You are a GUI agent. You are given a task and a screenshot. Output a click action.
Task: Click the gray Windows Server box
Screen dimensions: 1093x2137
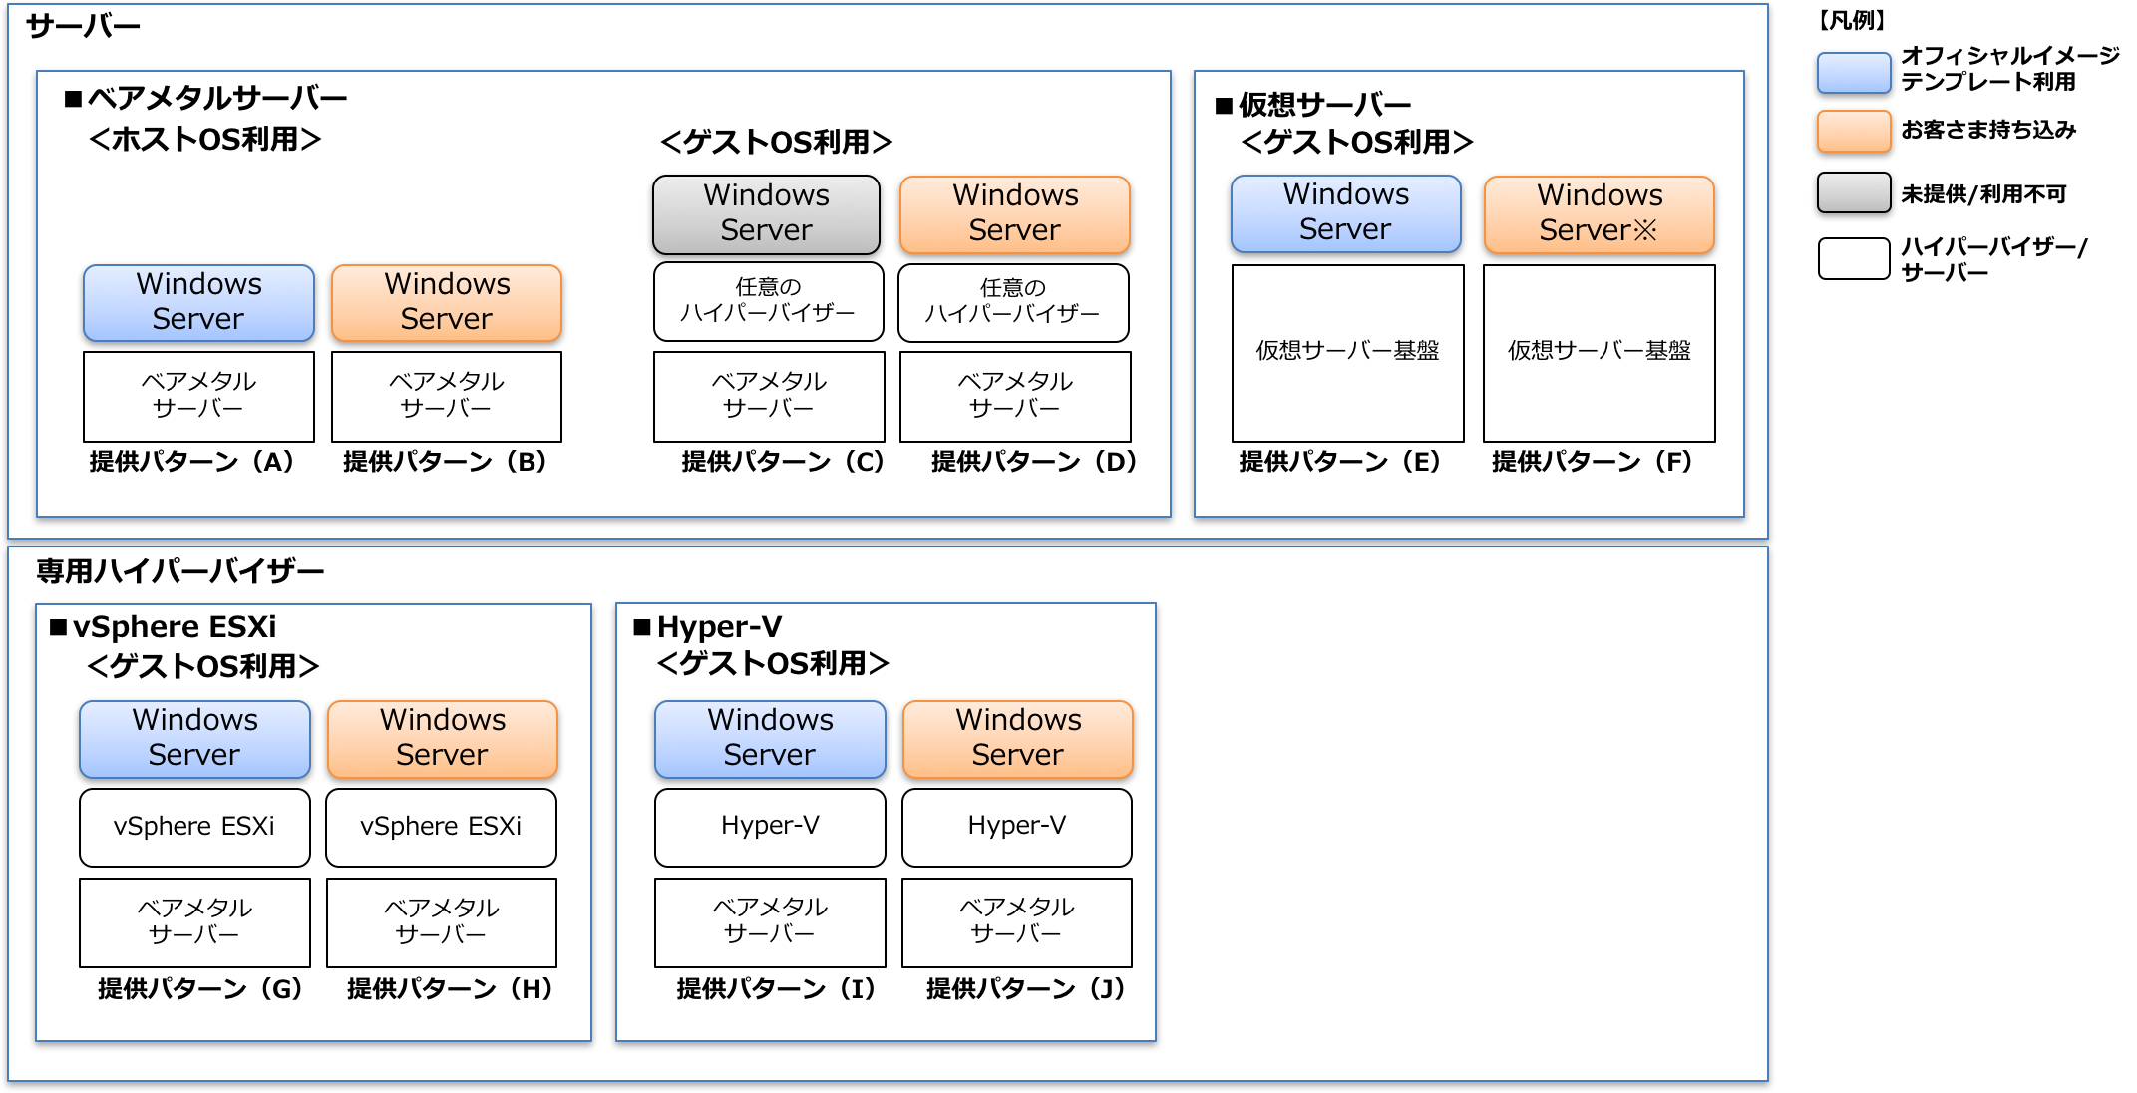766,214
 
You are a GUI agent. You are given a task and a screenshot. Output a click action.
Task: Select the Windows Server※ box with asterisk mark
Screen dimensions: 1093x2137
1599,214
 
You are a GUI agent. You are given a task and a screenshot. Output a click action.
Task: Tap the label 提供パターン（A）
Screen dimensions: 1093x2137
191,461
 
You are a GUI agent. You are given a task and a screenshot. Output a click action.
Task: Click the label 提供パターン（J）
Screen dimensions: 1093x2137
1025,988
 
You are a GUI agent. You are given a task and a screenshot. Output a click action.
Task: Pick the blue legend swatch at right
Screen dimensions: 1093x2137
1854,73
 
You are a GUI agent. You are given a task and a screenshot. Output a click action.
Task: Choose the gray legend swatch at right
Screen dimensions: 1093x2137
1854,192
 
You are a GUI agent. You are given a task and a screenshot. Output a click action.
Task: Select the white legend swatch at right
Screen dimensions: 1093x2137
1854,258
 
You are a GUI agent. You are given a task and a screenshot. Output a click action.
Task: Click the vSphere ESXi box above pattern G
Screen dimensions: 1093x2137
194,827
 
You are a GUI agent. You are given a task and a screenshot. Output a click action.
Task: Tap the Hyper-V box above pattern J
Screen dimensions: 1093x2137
1017,827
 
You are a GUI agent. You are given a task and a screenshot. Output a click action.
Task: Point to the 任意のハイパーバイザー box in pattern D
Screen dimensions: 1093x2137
1013,302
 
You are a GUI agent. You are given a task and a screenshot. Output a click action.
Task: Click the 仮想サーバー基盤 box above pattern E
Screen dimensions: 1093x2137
1347,352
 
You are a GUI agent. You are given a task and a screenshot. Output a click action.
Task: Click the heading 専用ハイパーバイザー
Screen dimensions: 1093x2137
179,571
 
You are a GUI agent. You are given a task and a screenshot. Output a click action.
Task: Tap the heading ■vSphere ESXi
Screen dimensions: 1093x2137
164,627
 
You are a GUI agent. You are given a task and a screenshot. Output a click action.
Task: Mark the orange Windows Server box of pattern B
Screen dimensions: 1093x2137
447,302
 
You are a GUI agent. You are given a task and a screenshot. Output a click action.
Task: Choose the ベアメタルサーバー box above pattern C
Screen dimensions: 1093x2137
769,396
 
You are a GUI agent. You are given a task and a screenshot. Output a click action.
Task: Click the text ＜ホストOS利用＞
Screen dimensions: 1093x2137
204,139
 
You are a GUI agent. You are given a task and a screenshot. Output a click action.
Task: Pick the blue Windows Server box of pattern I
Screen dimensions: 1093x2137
770,738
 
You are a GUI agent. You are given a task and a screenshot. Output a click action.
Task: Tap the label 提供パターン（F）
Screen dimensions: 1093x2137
1592,461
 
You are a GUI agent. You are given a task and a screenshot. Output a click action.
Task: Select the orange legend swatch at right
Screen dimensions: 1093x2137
1854,132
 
